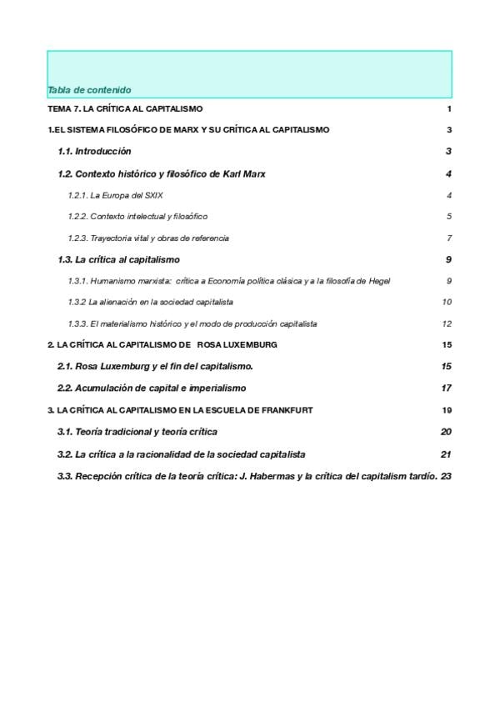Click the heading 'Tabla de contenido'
[89, 90]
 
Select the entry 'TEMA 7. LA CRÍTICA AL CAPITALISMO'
[125, 109]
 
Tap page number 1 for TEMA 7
[448, 109]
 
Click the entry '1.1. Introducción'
[94, 152]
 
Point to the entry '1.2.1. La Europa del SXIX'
[115, 195]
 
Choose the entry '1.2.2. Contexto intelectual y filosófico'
[137, 217]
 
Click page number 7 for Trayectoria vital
[448, 238]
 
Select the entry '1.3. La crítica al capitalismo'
[118, 260]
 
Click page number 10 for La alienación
[447, 303]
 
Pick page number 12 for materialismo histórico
[447, 324]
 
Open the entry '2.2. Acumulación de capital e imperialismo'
[152, 389]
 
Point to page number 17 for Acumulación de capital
[446, 389]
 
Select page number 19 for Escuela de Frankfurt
[447, 410]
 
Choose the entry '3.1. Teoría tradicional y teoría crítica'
[137, 432]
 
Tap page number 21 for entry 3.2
[446, 454]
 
